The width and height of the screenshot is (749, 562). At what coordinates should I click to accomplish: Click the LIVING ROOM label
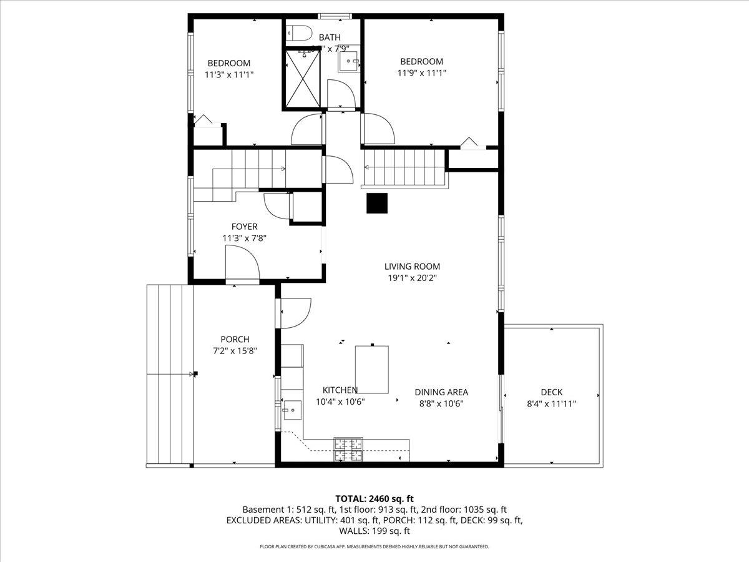412,267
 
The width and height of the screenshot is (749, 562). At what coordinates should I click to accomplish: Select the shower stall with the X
303,78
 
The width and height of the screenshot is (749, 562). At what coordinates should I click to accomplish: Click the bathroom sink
348,61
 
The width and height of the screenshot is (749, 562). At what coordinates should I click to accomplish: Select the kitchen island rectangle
372,368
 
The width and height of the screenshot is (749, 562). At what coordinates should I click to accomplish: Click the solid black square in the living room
377,204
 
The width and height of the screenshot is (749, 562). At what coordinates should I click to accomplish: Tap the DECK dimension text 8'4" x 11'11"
551,403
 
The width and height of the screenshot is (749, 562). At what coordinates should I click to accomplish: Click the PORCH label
235,339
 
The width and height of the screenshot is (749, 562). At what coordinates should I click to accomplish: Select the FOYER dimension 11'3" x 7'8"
244,238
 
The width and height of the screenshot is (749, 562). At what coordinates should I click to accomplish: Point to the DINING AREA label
441,392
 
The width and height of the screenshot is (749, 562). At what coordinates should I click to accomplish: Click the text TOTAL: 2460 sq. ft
374,498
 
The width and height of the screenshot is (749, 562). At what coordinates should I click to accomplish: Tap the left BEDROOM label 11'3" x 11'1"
229,74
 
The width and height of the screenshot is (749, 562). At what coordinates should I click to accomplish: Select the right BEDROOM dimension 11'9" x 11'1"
421,72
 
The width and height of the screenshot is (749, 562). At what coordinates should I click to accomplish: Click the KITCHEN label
340,390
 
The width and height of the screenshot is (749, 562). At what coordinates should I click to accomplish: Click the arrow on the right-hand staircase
367,167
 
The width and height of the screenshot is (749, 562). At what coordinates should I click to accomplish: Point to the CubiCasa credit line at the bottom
374,546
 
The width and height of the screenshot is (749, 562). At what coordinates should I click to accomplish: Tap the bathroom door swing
343,94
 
